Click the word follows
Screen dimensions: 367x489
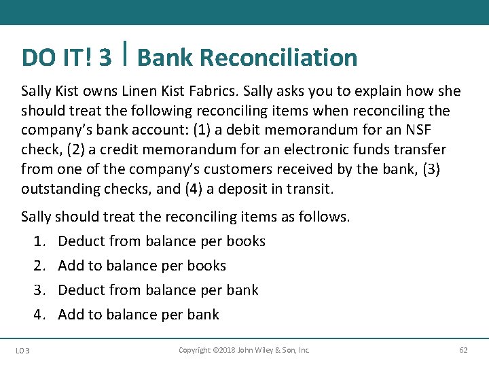pyautogui.click(x=327, y=217)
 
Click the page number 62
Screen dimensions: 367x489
pyautogui.click(x=463, y=350)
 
